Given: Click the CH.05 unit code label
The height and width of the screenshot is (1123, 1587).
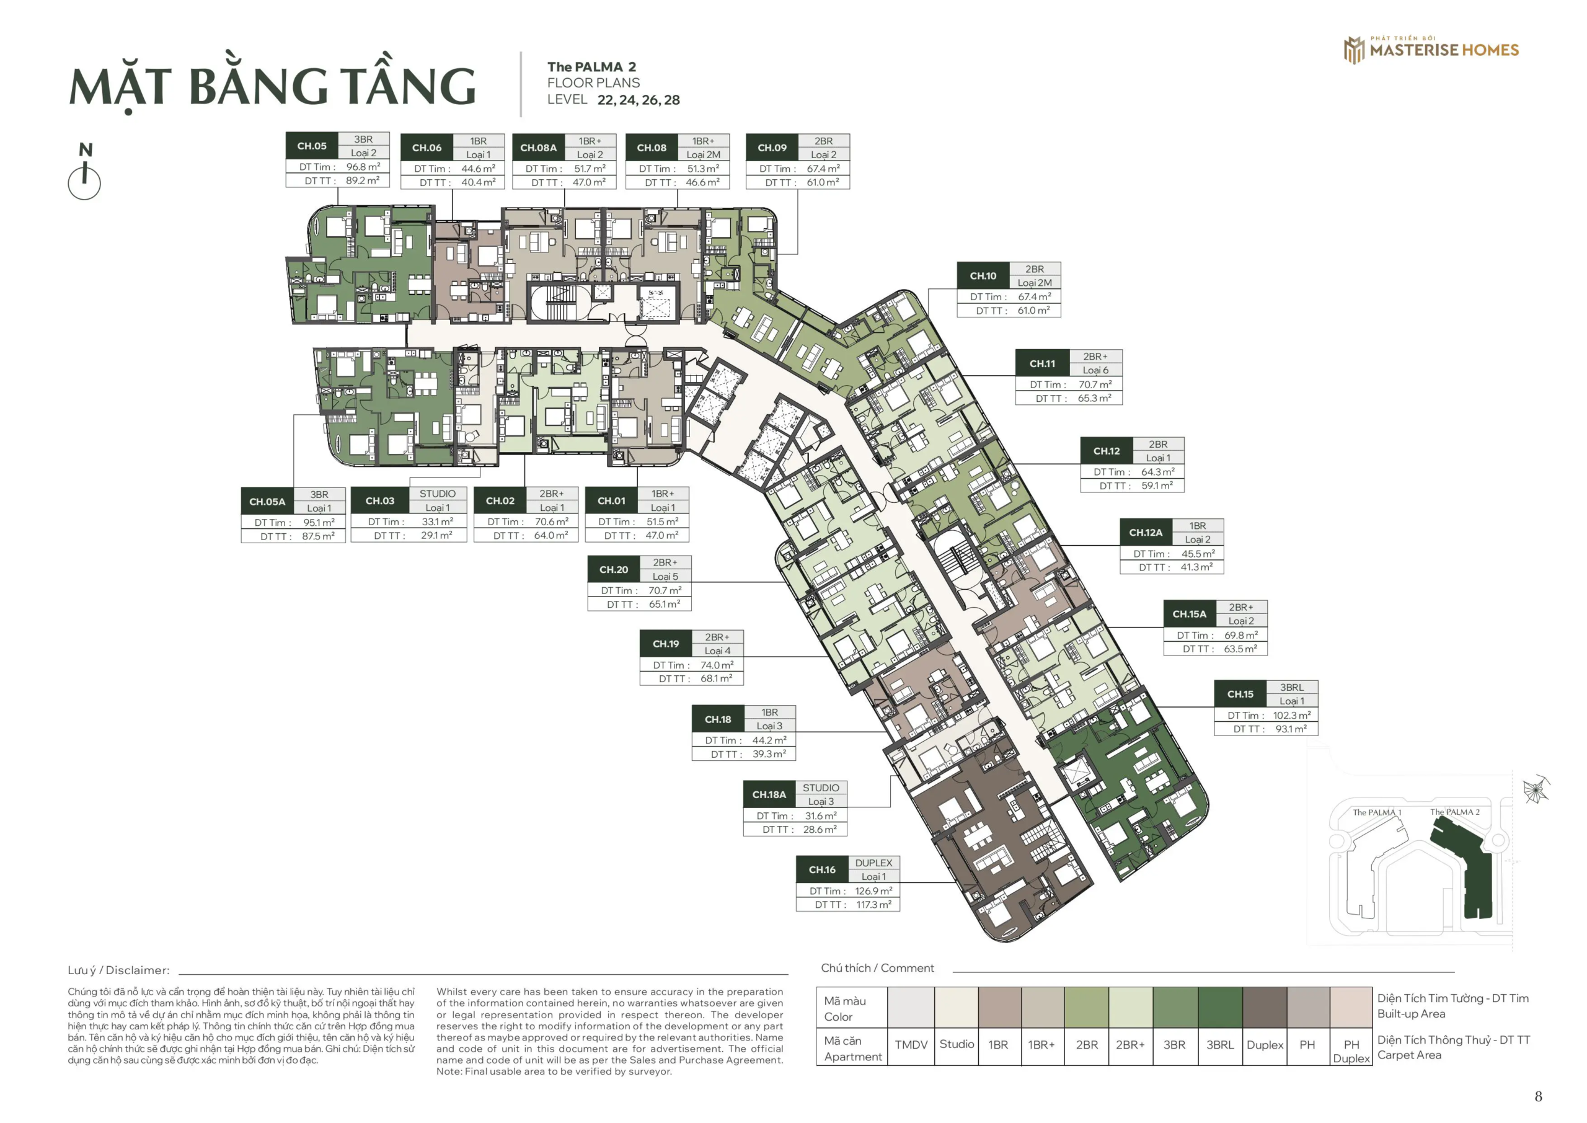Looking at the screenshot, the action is pyautogui.click(x=312, y=146).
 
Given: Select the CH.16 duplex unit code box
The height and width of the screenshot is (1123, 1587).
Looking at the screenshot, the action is pyautogui.click(x=822, y=870).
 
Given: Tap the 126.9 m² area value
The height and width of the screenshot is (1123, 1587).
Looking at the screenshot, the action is pyautogui.click(x=873, y=890).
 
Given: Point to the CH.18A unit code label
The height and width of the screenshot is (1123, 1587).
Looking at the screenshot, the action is pyautogui.click(x=769, y=794).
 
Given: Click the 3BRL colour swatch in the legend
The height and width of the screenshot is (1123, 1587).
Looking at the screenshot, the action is pyautogui.click(x=1220, y=1007).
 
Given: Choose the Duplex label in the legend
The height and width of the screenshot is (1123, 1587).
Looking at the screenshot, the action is pyautogui.click(x=1265, y=1045).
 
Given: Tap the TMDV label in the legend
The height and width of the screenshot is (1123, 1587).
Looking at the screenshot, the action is pyautogui.click(x=911, y=1045).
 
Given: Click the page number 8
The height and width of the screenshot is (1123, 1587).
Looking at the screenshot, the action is pyautogui.click(x=1538, y=1097).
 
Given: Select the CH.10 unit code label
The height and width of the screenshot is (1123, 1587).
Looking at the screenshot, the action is pyautogui.click(x=983, y=276).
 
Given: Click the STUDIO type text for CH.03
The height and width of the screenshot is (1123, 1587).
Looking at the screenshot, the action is pyautogui.click(x=438, y=494).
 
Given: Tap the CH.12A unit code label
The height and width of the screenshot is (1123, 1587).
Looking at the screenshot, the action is pyautogui.click(x=1146, y=533).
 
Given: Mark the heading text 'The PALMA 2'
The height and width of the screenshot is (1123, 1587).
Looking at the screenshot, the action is pyautogui.click(x=591, y=67).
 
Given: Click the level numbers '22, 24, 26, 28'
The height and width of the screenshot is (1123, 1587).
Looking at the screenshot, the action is pyautogui.click(x=639, y=100).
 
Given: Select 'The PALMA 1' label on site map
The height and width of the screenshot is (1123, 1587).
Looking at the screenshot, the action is pyautogui.click(x=1377, y=812).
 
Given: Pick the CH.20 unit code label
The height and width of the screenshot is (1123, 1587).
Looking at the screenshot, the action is pyautogui.click(x=614, y=570).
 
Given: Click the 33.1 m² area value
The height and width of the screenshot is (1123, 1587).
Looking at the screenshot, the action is pyautogui.click(x=438, y=522).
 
